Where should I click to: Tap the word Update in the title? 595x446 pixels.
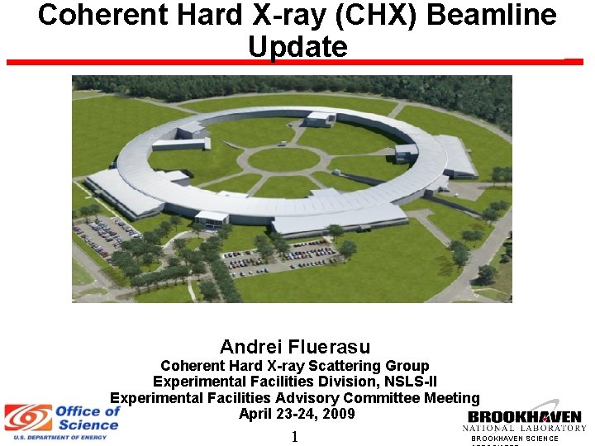tap(297, 47)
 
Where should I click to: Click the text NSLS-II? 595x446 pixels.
tap(407, 382)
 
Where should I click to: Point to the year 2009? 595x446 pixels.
tap(339, 414)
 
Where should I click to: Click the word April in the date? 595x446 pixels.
tap(256, 414)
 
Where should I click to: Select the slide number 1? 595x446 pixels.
tap(294, 437)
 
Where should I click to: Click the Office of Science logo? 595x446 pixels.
tap(63, 418)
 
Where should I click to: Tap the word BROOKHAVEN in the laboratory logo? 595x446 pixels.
tap(525, 417)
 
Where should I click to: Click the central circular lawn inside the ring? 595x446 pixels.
tap(283, 159)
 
